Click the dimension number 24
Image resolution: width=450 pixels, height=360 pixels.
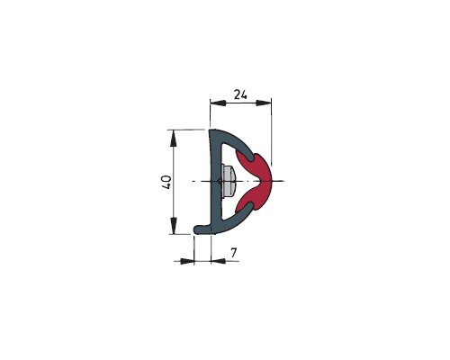coord(240,94)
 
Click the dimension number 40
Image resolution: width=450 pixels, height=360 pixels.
coord(166,182)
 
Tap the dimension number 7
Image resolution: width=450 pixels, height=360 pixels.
coord(234,253)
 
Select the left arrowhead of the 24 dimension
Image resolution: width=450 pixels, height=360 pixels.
coord(218,103)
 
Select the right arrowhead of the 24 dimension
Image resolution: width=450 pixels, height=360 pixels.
coord(264,103)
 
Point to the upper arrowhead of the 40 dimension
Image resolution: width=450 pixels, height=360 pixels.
coord(173,139)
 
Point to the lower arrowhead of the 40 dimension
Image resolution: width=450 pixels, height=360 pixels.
coord(173,226)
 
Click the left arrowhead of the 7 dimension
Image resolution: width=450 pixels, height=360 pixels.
coord(187,261)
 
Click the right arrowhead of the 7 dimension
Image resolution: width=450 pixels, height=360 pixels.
coord(219,261)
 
